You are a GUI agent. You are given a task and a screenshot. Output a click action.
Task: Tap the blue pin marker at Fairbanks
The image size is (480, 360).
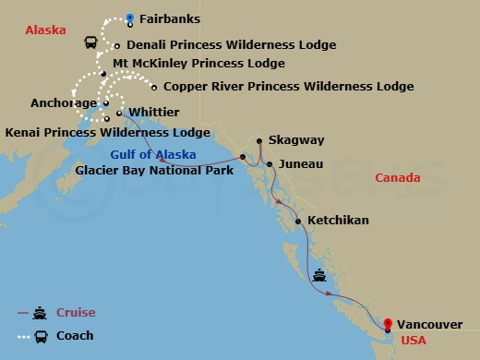(x=130, y=18)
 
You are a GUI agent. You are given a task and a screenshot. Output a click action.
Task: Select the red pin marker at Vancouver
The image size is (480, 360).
(x=388, y=324)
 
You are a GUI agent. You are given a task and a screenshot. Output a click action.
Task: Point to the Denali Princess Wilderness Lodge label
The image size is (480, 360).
(x=231, y=44)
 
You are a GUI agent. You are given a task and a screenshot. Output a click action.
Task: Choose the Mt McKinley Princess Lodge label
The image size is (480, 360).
(x=198, y=64)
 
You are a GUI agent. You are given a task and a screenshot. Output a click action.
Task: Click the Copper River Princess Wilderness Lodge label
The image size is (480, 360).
(x=288, y=87)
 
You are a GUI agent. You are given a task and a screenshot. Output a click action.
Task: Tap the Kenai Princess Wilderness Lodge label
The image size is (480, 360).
(x=108, y=133)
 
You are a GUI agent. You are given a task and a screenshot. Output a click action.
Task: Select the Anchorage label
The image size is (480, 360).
(x=63, y=103)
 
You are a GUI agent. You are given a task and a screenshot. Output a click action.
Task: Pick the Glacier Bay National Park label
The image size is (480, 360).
(x=155, y=170)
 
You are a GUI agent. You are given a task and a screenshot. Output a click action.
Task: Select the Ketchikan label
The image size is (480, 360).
(x=338, y=221)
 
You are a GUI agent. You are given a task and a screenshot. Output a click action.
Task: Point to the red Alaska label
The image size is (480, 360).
(x=45, y=30)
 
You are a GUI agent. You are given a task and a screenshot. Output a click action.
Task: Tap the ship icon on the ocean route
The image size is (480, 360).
(x=319, y=274)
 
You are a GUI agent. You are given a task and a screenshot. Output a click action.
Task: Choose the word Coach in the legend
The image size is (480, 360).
(x=75, y=336)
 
